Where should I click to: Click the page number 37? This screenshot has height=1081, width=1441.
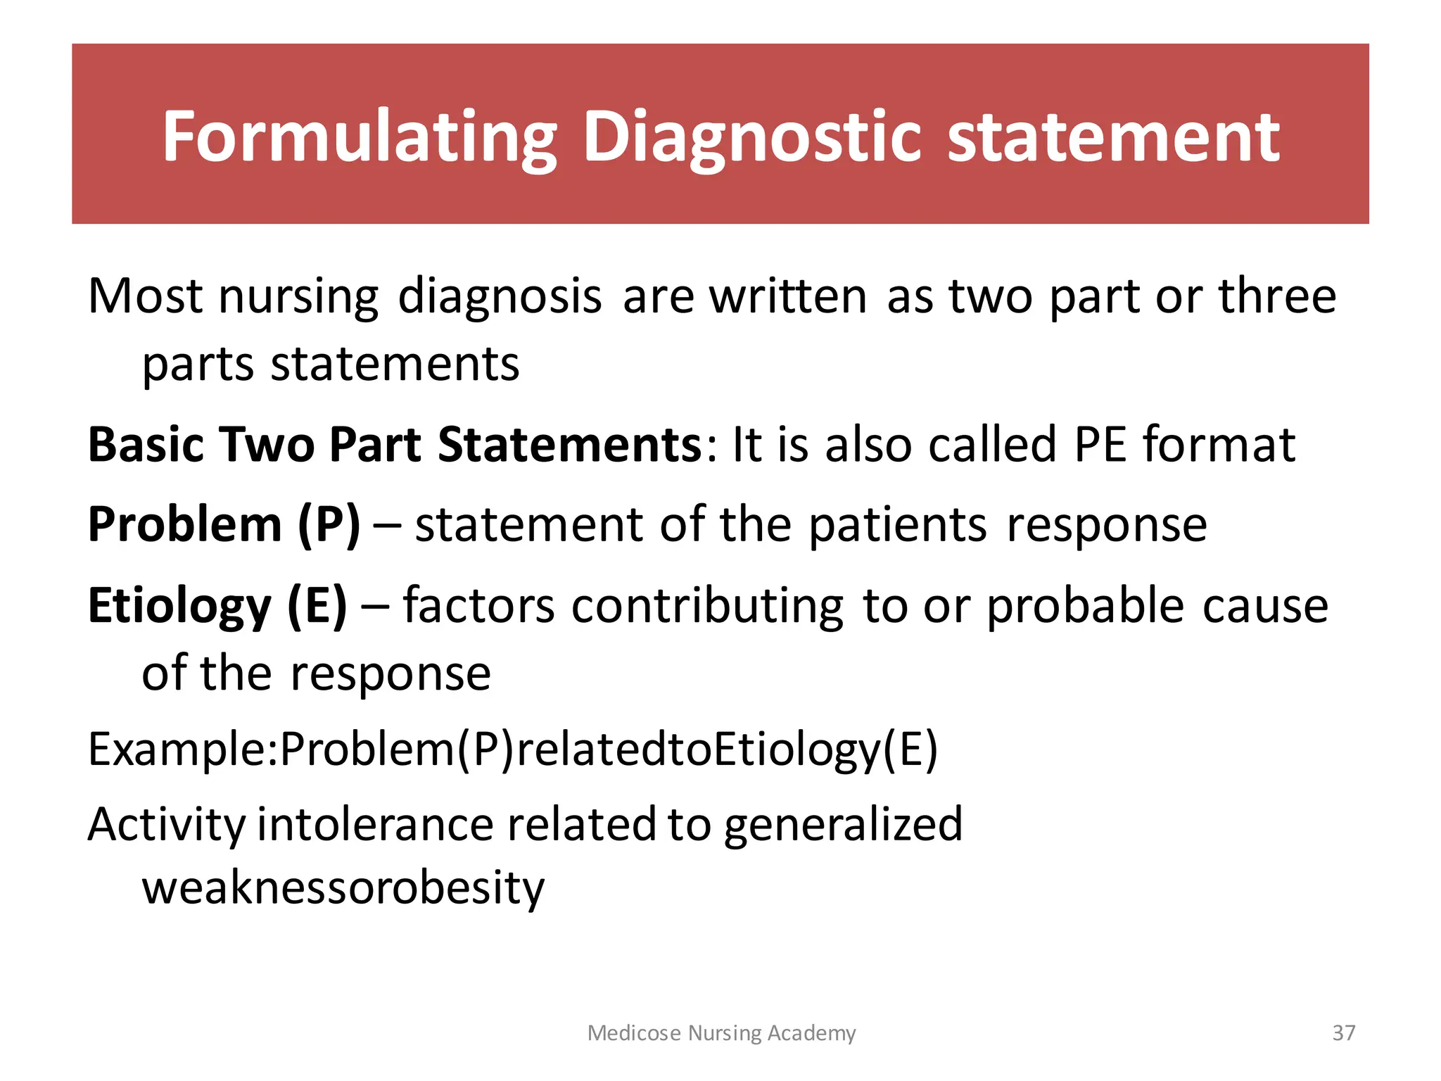click(1344, 1032)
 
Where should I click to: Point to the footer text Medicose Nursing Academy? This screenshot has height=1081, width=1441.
click(721, 1032)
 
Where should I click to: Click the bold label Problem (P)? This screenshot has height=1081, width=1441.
click(224, 525)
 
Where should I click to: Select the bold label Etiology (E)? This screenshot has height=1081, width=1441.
click(217, 605)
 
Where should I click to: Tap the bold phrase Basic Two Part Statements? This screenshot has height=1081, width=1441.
click(394, 445)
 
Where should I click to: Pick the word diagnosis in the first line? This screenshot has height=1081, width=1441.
click(500, 297)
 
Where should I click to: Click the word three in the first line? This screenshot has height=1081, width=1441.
click(1277, 296)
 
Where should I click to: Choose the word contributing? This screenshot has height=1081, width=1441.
click(707, 605)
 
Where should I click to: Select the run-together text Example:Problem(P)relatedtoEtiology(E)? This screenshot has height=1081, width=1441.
click(512, 750)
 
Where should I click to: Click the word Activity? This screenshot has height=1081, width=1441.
click(166, 825)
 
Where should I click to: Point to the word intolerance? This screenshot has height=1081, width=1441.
click(375, 825)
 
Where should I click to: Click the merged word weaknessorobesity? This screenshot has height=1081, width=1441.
click(343, 888)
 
